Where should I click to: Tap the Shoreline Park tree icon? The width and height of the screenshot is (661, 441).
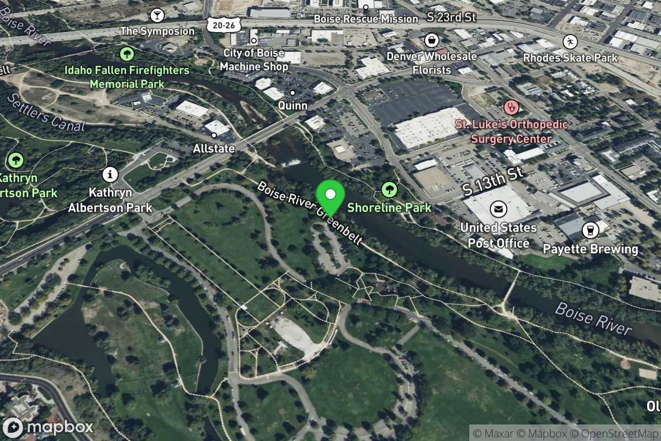[389, 190]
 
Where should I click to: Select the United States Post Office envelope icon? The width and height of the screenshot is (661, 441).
[499, 209]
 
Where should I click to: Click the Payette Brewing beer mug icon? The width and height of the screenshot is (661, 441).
[590, 230]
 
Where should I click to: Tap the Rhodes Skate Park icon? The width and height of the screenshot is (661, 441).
[570, 41]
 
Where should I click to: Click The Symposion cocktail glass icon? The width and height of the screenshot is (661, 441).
[158, 14]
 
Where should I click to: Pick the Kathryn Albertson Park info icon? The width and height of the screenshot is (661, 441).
[110, 175]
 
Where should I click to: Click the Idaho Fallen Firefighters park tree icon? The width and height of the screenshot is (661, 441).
[127, 53]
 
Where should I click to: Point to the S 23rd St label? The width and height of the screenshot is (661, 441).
[452, 18]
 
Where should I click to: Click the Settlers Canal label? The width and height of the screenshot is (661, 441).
[46, 114]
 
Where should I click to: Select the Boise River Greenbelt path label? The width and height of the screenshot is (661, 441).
[310, 213]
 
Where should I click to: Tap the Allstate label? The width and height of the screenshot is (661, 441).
[214, 149]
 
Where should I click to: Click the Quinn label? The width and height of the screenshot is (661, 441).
[292, 105]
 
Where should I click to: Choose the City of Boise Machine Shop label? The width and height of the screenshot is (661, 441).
[254, 60]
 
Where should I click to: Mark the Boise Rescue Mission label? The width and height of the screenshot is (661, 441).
[366, 19]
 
